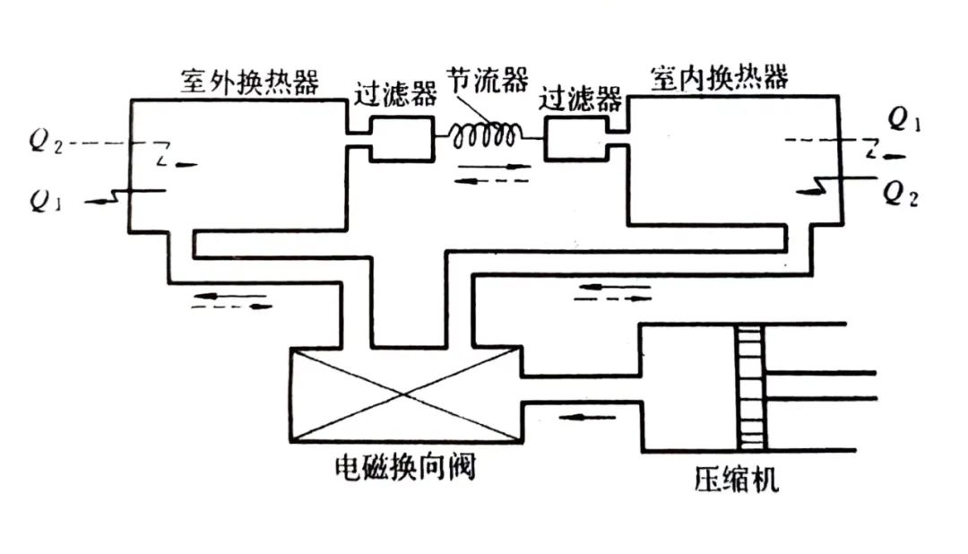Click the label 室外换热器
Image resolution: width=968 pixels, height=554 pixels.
tap(249, 82)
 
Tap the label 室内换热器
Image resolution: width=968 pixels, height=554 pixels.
tap(720, 79)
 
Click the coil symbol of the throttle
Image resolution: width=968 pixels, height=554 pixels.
tap(486, 134)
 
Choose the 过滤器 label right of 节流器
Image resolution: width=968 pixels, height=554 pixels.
tap(582, 97)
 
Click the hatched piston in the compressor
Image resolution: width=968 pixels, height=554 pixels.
tap(751, 387)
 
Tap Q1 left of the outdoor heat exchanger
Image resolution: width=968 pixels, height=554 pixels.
tap(42, 201)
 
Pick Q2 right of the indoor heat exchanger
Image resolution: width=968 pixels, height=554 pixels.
tap(901, 190)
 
